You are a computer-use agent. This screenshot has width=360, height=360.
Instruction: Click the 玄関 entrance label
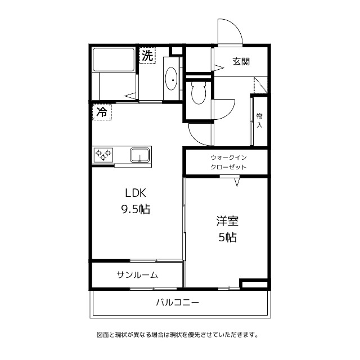(x=241, y=62)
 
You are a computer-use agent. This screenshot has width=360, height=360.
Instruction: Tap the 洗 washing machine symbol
(x=147, y=56)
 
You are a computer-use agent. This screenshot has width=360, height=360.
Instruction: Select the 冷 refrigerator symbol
(x=102, y=112)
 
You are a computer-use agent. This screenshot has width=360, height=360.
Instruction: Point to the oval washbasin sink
(x=171, y=78)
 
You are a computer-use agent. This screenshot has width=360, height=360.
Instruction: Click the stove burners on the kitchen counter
(x=103, y=154)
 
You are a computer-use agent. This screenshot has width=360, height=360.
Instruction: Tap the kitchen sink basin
(x=139, y=154)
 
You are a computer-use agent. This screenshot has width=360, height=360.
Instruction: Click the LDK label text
(x=135, y=192)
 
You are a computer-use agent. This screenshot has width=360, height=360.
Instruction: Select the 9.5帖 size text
(x=135, y=209)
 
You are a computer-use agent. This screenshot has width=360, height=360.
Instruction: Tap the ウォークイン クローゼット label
(x=228, y=163)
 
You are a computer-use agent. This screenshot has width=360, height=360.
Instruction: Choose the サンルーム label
(x=137, y=275)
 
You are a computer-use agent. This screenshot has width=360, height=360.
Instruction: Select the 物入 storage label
(x=259, y=120)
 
